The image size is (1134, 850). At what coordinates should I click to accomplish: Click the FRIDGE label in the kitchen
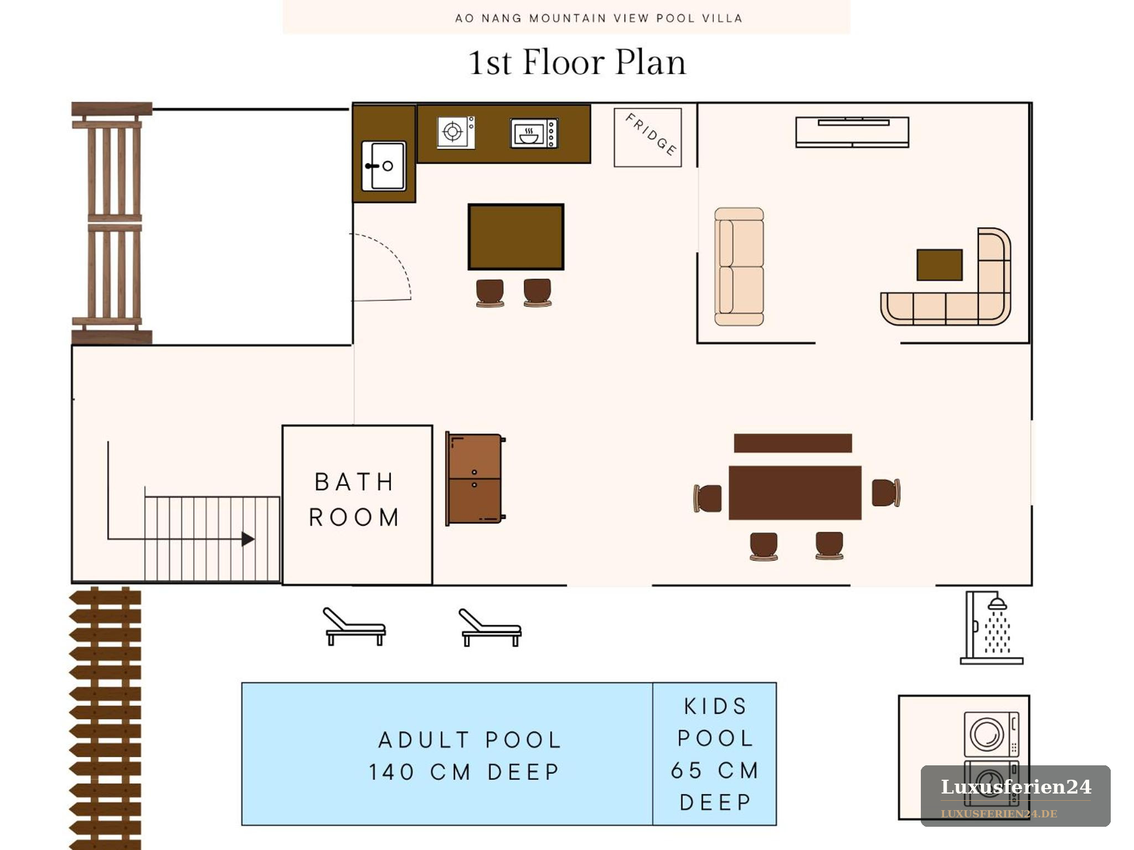[651, 134]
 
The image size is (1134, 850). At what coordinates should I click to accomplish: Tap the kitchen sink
[384, 165]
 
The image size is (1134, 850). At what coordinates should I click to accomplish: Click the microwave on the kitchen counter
[534, 133]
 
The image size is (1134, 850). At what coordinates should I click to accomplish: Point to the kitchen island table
[516, 237]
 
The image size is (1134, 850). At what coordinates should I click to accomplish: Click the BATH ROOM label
[354, 500]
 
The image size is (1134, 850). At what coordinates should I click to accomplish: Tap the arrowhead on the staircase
[248, 539]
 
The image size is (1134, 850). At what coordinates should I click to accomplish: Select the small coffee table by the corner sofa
[940, 265]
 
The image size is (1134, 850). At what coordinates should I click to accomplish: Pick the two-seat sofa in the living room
[739, 267]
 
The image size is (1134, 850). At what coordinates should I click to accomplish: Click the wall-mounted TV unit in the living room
[852, 132]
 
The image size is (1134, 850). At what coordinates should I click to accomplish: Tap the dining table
[795, 493]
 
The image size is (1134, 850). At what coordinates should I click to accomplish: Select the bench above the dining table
[793, 443]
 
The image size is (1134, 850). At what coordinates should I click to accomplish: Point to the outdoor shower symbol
[991, 628]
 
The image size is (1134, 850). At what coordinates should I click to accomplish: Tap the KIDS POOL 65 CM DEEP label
[715, 754]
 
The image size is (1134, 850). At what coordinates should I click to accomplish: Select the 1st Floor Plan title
[577, 62]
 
